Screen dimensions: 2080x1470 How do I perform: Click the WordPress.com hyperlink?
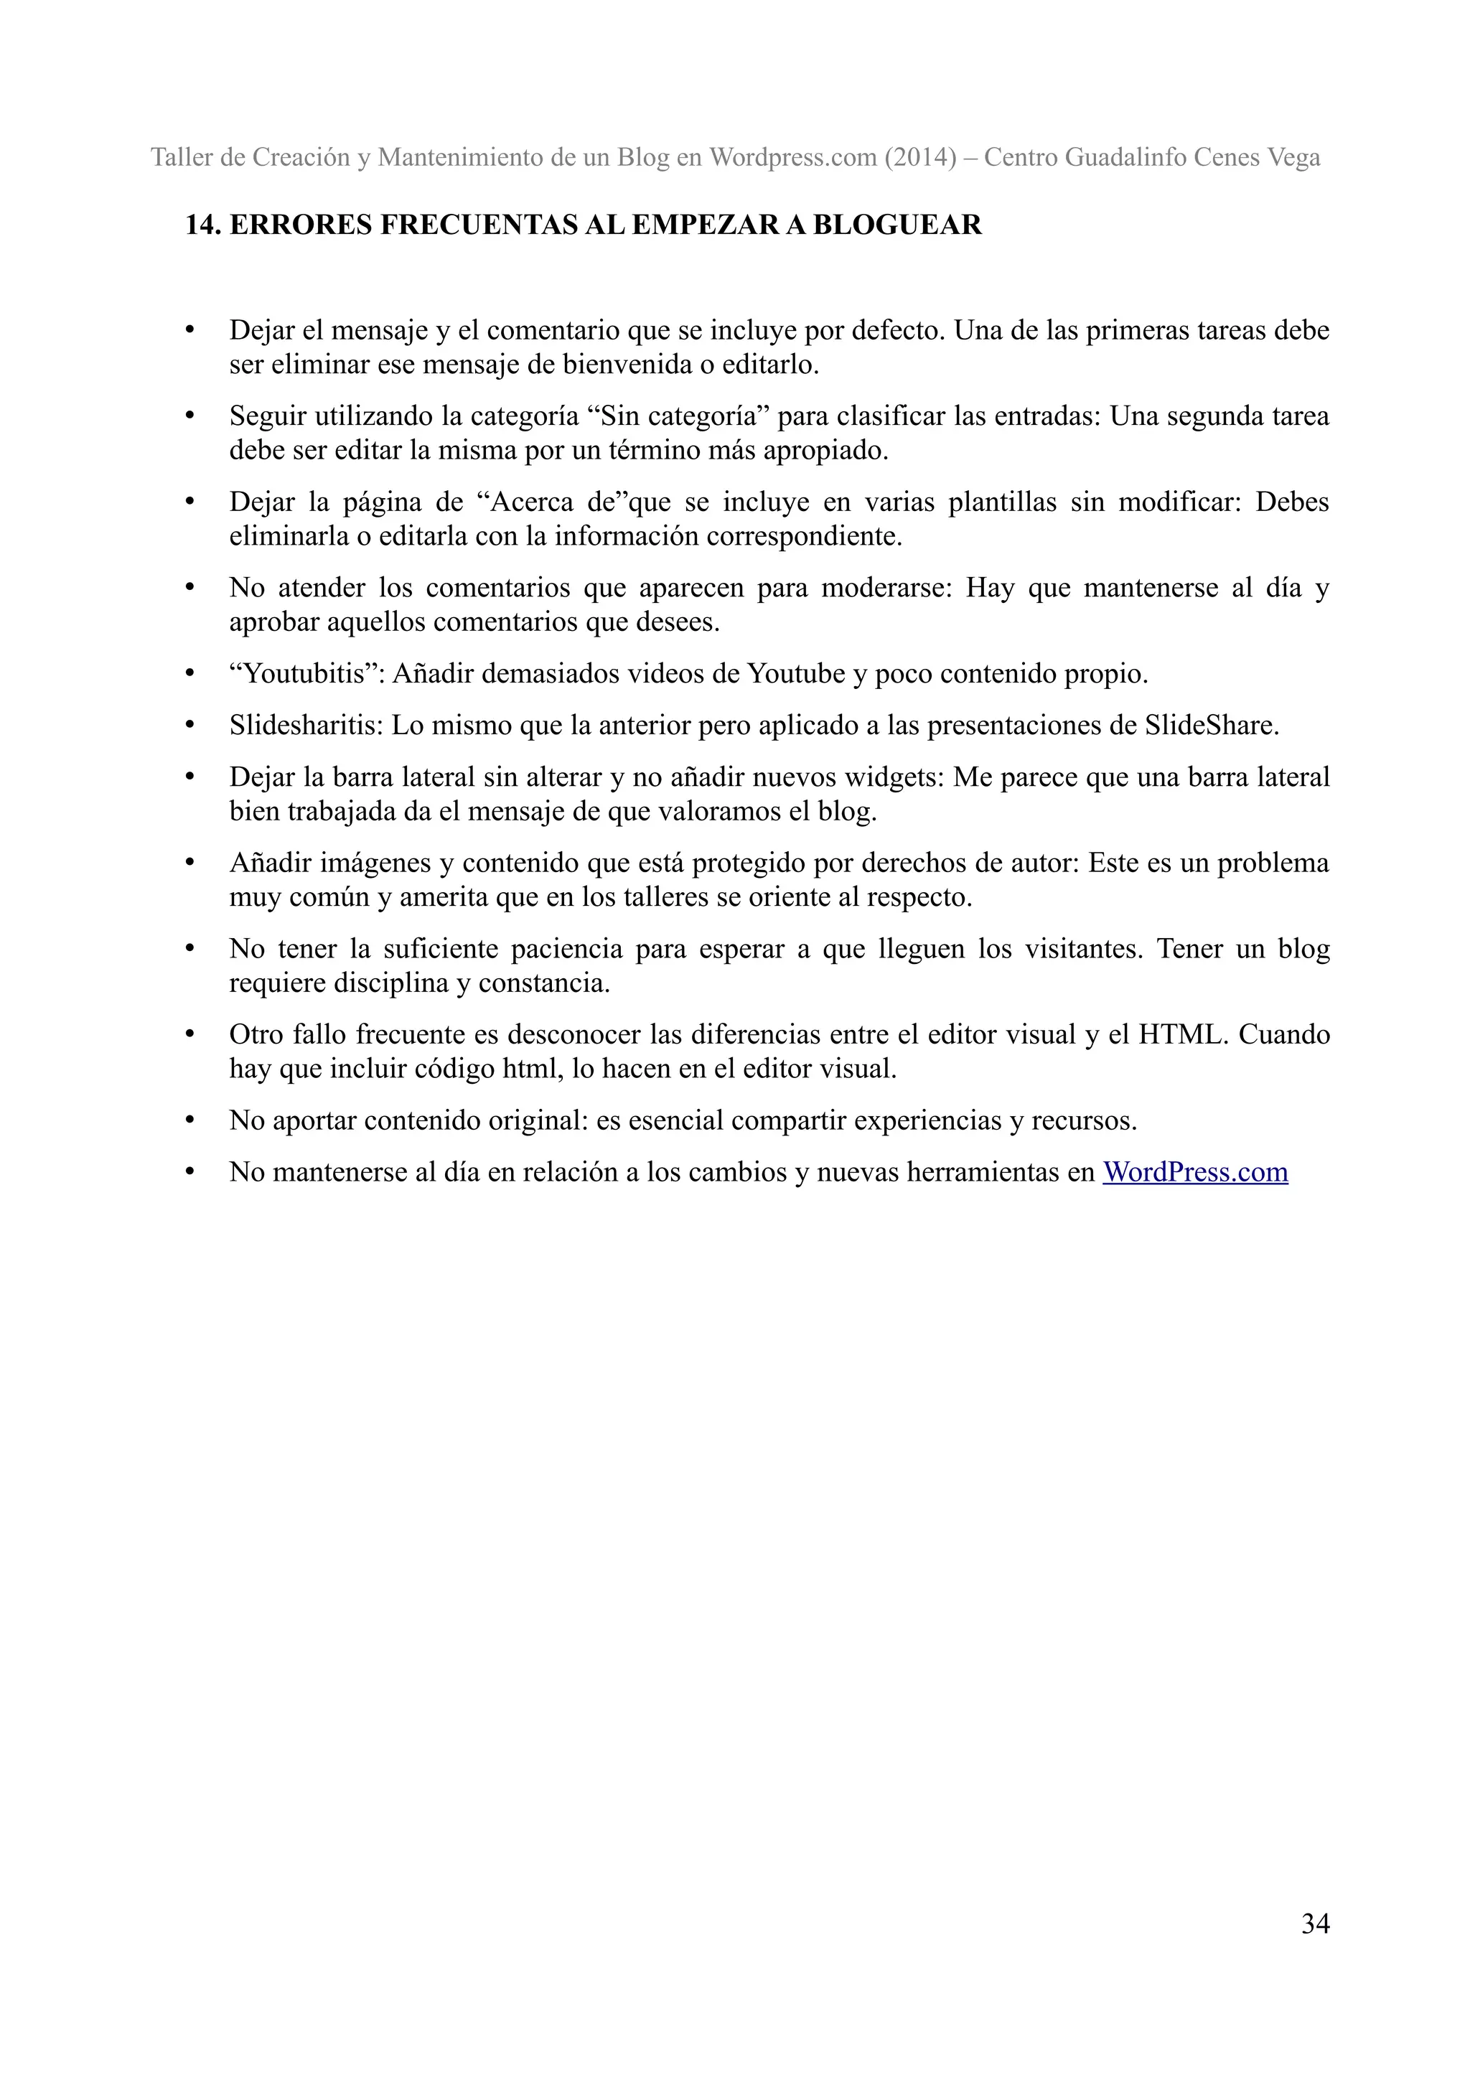coord(1194,1172)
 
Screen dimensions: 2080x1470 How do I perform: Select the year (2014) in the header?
coord(926,158)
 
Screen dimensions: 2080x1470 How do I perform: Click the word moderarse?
coord(875,588)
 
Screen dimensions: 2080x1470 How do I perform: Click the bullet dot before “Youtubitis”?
coord(189,674)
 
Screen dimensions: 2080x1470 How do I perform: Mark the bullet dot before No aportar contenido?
coord(189,1120)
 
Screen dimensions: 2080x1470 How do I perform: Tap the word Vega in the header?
coord(1294,158)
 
